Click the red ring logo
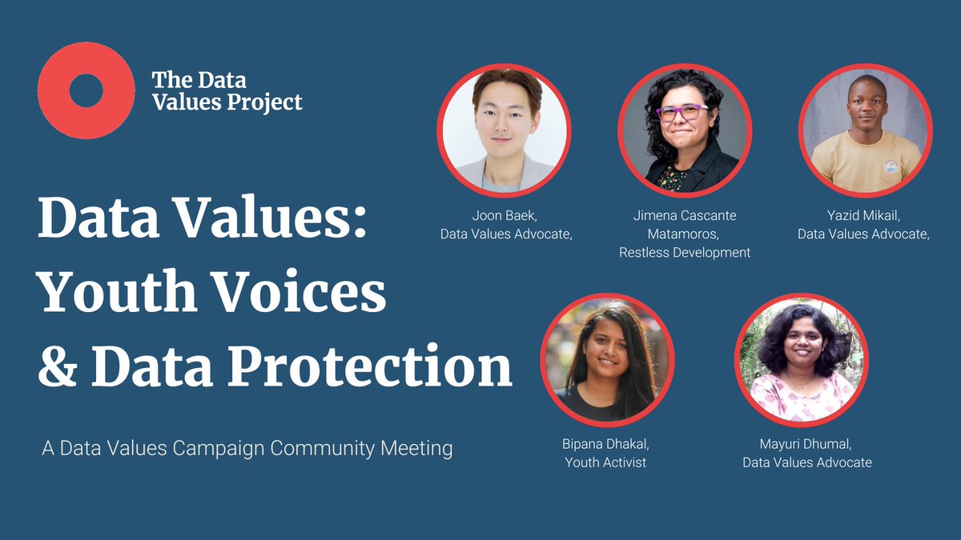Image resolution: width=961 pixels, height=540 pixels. (86, 90)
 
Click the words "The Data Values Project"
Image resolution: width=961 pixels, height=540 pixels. (227, 91)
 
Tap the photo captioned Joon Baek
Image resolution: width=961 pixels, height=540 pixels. (504, 130)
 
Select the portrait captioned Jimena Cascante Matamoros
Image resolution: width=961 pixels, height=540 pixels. (684, 130)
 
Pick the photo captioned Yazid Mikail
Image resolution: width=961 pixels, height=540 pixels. (865, 130)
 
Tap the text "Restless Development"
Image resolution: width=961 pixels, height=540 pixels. (685, 253)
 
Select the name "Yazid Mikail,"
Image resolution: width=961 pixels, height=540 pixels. (863, 216)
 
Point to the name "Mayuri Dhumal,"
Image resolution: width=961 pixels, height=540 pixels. (806, 444)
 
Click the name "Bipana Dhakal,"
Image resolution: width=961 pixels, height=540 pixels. (605, 444)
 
